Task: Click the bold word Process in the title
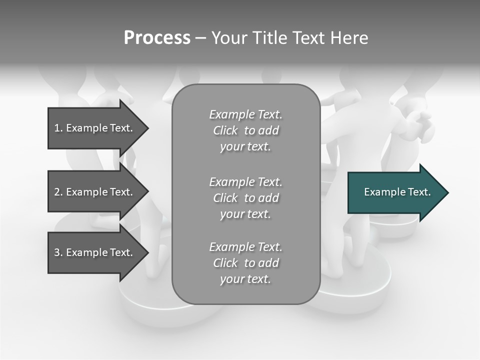[157, 38]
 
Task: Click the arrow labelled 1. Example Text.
[95, 128]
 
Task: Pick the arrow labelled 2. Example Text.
[95, 192]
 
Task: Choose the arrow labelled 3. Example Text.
[95, 252]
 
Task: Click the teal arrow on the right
[395, 192]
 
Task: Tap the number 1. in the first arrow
[58, 128]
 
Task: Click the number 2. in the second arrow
[58, 192]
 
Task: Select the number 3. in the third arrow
[58, 252]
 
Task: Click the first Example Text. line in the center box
[245, 115]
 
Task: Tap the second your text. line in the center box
[245, 214]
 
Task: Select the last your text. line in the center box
[245, 279]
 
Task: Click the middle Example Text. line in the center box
[245, 182]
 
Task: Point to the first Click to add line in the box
[245, 131]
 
